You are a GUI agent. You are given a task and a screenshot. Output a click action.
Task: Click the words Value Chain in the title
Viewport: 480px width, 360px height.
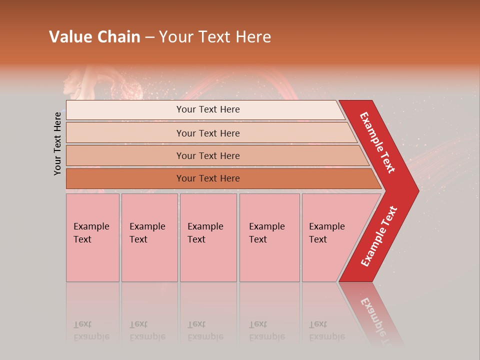pos(94,37)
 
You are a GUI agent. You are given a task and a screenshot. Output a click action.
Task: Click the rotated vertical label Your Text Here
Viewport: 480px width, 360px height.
pos(57,143)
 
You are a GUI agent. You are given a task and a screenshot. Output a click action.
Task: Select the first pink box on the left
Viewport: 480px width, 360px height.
pos(92,237)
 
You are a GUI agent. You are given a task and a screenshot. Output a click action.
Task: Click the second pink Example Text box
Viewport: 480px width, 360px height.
pos(149,237)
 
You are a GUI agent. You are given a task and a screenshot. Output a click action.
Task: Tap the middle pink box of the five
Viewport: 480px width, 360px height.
pos(208,237)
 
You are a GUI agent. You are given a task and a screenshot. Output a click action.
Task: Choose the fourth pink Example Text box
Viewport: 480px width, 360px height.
pos(269,237)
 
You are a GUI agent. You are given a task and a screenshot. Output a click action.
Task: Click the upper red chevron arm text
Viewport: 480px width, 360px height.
pos(377,142)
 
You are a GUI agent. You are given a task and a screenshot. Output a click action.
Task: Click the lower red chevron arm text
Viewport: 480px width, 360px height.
pos(379,236)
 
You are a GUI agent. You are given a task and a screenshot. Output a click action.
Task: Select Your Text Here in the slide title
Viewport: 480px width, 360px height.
pos(215,37)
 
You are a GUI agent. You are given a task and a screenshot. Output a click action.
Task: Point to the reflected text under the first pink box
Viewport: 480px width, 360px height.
pos(91,330)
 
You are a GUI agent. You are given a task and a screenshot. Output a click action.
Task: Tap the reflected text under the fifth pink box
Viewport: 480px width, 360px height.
pos(326,330)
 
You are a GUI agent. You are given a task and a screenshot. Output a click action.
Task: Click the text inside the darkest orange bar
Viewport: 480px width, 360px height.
pos(208,178)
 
